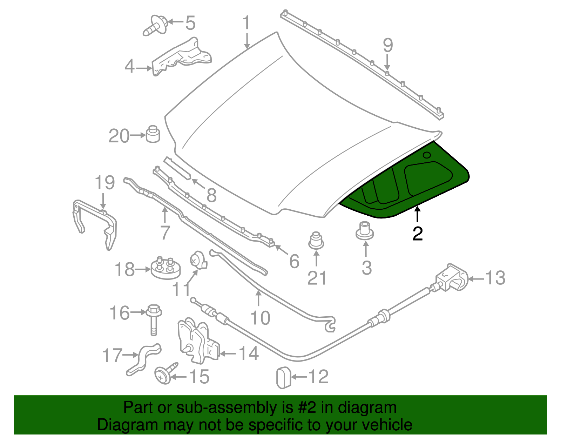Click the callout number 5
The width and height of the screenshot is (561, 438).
(190, 23)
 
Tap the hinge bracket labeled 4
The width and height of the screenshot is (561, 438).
(182, 56)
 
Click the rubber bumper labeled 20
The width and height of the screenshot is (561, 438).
(153, 134)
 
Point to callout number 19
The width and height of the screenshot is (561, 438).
(104, 183)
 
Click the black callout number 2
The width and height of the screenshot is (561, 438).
(418, 234)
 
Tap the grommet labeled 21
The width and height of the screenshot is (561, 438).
(316, 240)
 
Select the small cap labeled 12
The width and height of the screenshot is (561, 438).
(284, 377)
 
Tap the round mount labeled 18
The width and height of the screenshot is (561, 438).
(166, 269)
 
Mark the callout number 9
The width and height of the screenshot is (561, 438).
(387, 46)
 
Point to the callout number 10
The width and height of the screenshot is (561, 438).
(260, 318)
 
